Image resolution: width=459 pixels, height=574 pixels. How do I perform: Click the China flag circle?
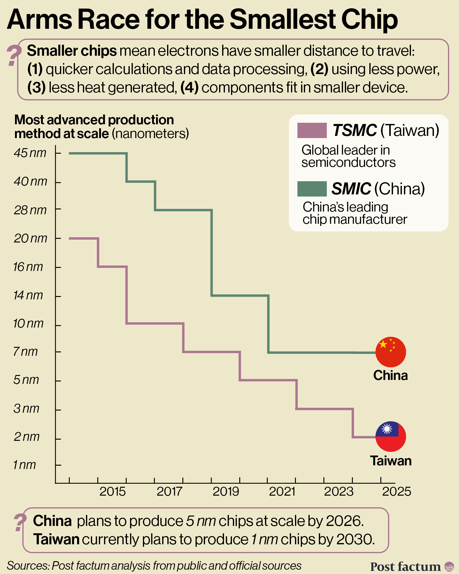pos(390,352)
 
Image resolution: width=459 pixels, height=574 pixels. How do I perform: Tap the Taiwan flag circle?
pos(390,437)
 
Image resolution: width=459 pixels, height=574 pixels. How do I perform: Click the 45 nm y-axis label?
pos(30,153)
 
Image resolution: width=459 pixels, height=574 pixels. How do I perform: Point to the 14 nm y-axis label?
pos(28,295)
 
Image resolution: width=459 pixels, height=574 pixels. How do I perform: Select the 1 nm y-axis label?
pos(24,465)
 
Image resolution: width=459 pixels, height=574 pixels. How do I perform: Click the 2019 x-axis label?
pos(226,492)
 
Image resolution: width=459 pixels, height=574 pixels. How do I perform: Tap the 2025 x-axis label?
pos(397,492)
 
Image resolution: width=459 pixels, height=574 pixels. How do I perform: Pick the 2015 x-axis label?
pos(113,492)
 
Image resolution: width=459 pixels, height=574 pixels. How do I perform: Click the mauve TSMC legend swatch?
pos(312,130)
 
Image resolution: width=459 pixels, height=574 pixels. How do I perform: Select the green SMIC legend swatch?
pos(312,189)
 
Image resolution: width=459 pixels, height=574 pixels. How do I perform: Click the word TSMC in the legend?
pos(354,130)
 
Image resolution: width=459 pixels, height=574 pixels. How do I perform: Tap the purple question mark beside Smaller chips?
pos(13,55)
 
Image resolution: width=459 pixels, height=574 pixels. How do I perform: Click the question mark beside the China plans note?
pos(20,522)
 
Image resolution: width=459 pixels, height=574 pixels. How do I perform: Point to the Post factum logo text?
pos(405,566)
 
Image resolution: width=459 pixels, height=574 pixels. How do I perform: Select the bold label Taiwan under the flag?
pos(391,461)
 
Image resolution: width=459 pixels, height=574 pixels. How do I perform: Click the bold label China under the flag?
pos(390,375)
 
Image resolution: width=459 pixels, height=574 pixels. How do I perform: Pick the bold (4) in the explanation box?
pos(189,88)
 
